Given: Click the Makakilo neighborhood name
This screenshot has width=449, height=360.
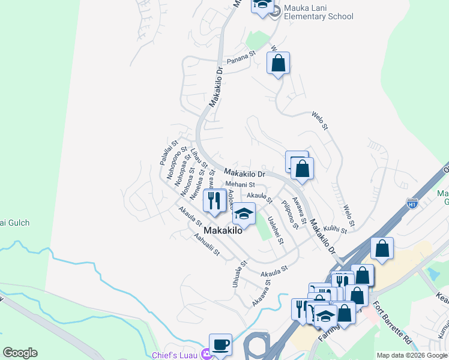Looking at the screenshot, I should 223,230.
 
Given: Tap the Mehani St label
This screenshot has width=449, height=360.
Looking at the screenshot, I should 240,185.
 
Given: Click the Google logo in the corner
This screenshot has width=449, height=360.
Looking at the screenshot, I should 20,353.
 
